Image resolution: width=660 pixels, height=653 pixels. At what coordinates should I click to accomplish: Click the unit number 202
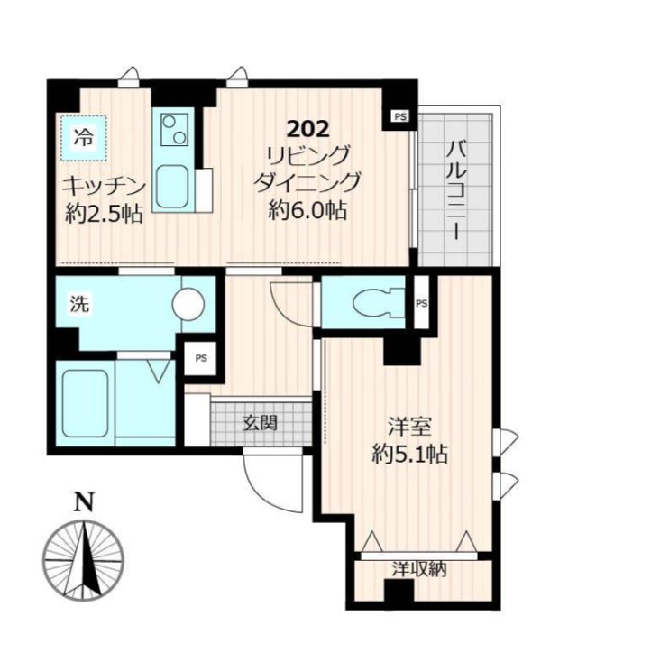307,129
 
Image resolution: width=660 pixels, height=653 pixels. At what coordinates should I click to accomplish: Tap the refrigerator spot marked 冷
83,137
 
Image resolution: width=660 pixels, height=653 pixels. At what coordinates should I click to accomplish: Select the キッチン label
104,187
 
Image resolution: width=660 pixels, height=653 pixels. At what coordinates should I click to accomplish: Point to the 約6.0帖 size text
307,209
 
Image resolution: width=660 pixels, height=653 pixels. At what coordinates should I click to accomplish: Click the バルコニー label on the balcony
456,191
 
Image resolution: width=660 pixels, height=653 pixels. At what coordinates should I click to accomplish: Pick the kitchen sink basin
172,187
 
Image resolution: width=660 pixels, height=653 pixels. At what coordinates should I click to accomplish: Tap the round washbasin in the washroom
188,304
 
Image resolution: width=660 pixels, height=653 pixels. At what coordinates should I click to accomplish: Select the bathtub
85,403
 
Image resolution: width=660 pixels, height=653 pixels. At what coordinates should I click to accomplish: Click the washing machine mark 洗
79,303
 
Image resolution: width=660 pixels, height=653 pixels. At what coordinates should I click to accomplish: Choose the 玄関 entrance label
261,423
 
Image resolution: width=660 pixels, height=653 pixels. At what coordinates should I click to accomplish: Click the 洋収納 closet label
419,570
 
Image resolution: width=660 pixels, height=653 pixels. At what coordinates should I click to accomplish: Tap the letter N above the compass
84,501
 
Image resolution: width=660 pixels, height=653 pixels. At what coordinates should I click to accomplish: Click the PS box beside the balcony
400,116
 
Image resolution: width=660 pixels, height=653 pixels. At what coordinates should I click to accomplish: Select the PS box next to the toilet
422,303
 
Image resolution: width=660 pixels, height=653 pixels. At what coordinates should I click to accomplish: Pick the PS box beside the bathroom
201,358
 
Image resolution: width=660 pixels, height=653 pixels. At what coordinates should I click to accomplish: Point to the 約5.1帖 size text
409,455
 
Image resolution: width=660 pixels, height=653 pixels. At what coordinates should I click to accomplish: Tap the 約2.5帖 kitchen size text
104,214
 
